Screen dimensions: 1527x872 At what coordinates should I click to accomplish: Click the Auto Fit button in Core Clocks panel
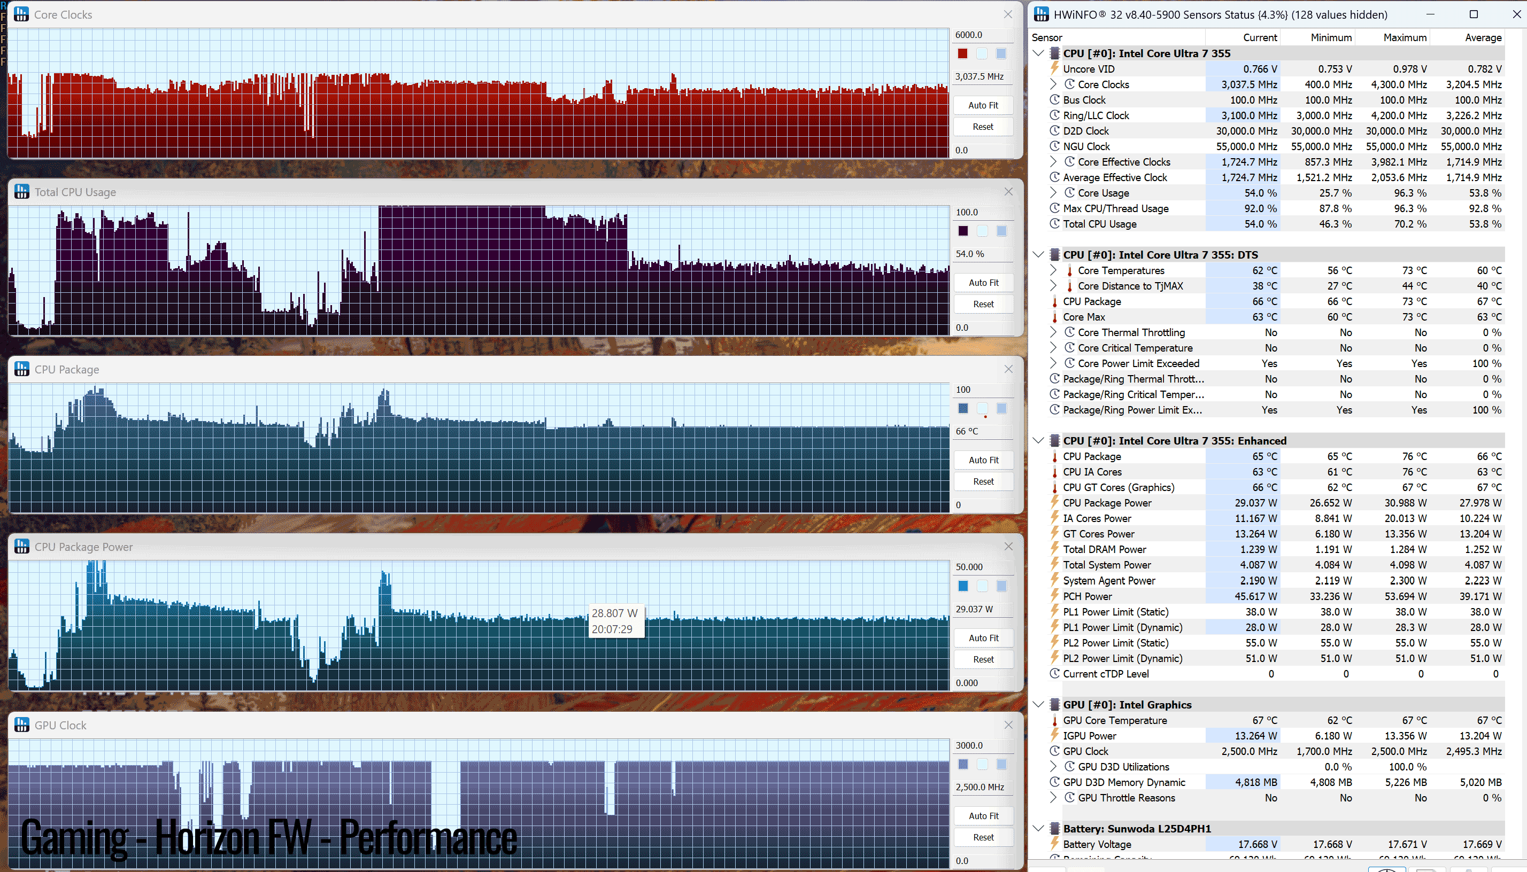983,105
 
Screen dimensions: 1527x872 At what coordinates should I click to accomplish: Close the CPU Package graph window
1008,369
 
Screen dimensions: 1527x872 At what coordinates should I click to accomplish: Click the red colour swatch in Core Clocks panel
962,54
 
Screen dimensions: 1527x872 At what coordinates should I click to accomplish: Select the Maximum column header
1405,37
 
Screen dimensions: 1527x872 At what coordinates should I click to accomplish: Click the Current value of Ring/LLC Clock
1249,115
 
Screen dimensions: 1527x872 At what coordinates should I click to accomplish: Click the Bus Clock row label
1084,100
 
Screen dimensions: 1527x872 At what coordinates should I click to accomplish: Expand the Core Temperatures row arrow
1053,270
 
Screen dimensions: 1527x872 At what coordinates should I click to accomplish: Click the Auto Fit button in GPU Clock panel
983,816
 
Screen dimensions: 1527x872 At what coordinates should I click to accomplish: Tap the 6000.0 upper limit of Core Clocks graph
968,35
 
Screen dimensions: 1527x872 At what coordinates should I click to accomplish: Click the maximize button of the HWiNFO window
1474,14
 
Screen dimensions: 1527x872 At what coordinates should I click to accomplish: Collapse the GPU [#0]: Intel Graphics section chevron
1038,704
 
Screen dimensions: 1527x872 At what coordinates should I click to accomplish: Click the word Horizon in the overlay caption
233,837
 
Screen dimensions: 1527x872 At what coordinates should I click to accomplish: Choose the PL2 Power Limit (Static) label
1115,643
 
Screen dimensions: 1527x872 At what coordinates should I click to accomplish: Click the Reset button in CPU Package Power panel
983,659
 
